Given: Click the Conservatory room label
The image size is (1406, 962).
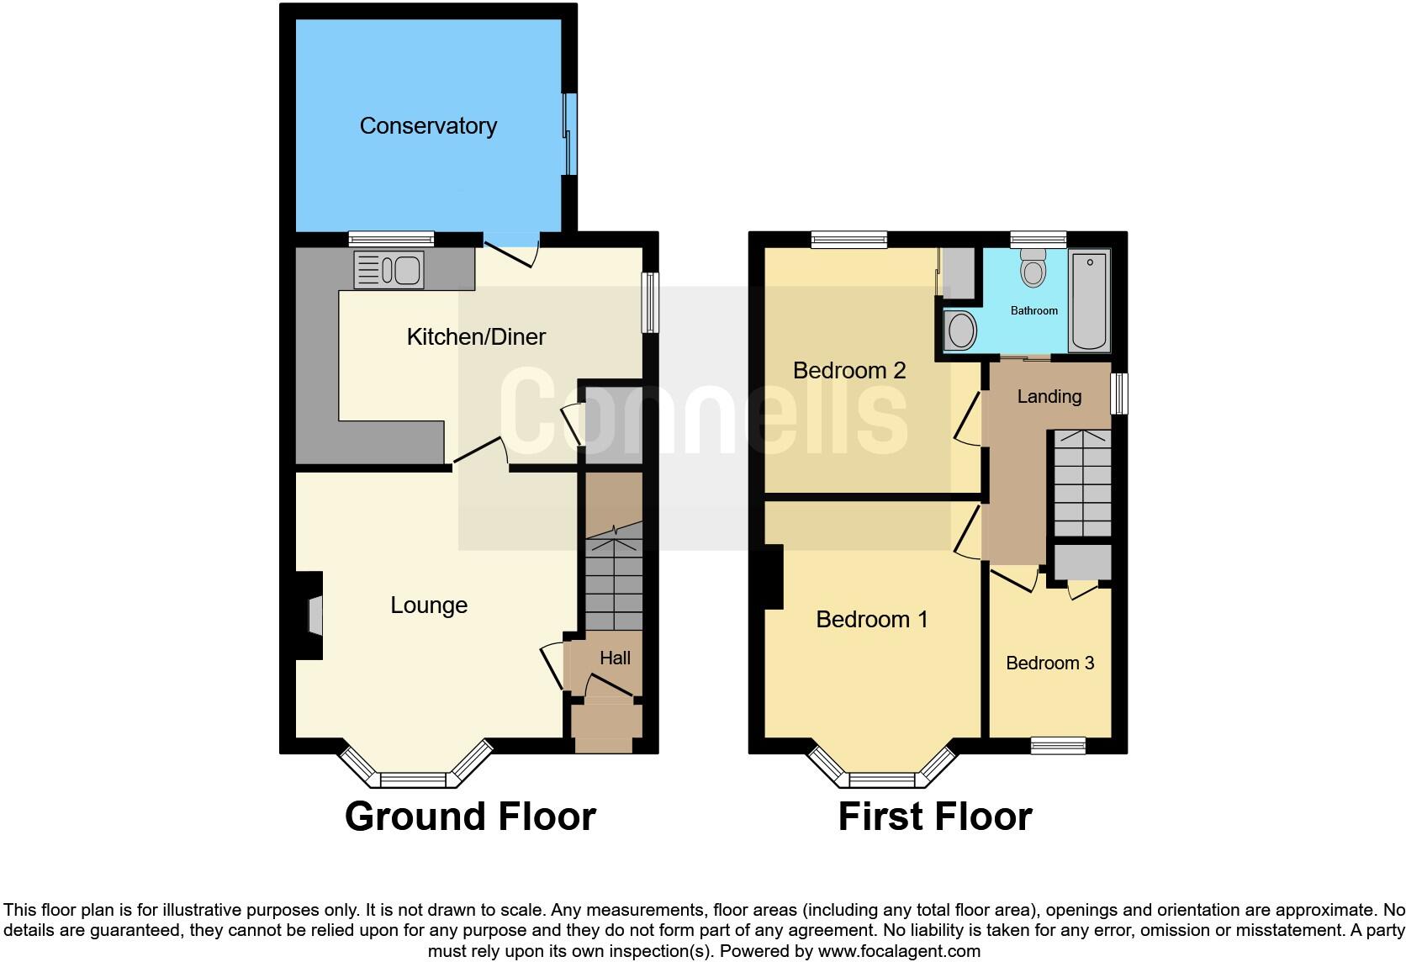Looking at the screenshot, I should tap(428, 126).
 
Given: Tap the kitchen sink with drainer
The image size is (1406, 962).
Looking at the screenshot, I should tap(388, 271).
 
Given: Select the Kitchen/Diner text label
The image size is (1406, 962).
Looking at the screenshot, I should tap(476, 337).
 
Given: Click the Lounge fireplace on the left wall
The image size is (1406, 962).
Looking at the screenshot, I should tap(313, 615).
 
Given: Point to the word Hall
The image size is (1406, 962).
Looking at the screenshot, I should tap(615, 658).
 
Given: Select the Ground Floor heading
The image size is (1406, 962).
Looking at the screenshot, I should tap(470, 817).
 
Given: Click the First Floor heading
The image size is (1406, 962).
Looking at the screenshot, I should tap(934, 817).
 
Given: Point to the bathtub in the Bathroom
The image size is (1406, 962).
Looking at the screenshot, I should tap(1089, 300).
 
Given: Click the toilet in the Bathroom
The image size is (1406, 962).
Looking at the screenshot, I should tap(1033, 267).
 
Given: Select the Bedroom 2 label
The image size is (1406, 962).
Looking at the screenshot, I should tap(849, 371).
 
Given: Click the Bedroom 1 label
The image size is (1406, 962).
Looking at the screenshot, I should tap(872, 620).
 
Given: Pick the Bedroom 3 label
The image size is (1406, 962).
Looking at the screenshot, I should tap(1049, 663).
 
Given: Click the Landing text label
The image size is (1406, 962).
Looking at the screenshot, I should tap(1049, 396).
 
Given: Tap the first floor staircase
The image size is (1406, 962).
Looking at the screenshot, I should tap(1082, 484).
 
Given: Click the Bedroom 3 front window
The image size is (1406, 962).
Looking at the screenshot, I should tap(1058, 745).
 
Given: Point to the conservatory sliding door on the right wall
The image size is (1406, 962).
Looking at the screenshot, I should tap(569, 135).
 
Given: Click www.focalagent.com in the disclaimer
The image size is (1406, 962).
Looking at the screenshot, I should tap(898, 951).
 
